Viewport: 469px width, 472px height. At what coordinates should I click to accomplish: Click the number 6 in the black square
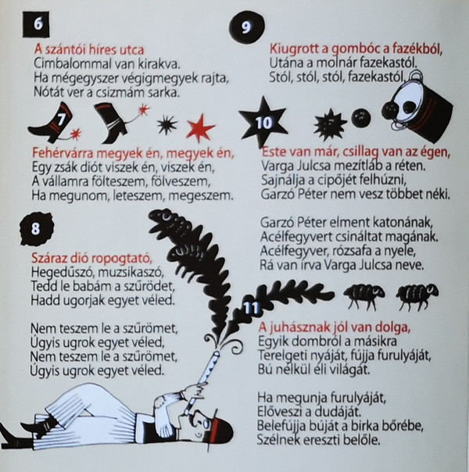pos(38,23)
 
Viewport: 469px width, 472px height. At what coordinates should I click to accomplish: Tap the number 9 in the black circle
pos(246,27)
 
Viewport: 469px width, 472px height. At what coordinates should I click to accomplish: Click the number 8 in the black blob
pos(35,228)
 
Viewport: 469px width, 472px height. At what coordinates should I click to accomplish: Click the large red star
pos(200,127)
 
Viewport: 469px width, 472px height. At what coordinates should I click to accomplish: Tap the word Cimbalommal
pos(70,64)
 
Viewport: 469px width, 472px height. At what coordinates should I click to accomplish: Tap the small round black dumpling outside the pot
pos(361,118)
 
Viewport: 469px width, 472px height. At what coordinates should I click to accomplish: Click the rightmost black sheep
pos(417,296)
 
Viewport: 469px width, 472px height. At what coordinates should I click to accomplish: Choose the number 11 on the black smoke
pos(251,308)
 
